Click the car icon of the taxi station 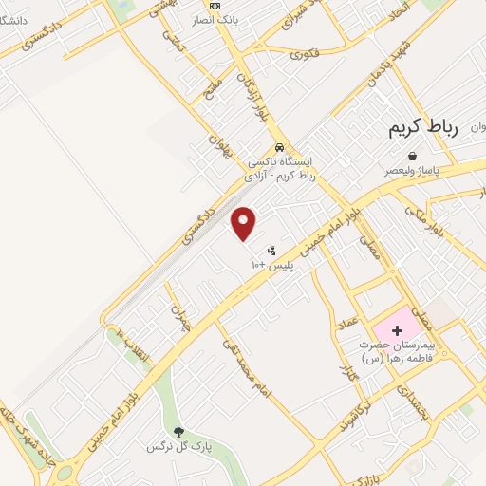[x=279, y=147]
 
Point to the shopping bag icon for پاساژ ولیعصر [x=412, y=156]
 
